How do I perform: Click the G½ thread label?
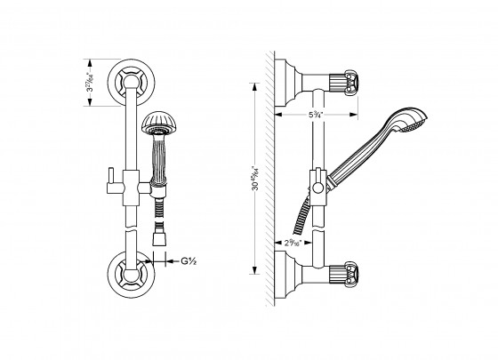[189, 261]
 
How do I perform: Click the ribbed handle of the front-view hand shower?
[161, 160]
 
